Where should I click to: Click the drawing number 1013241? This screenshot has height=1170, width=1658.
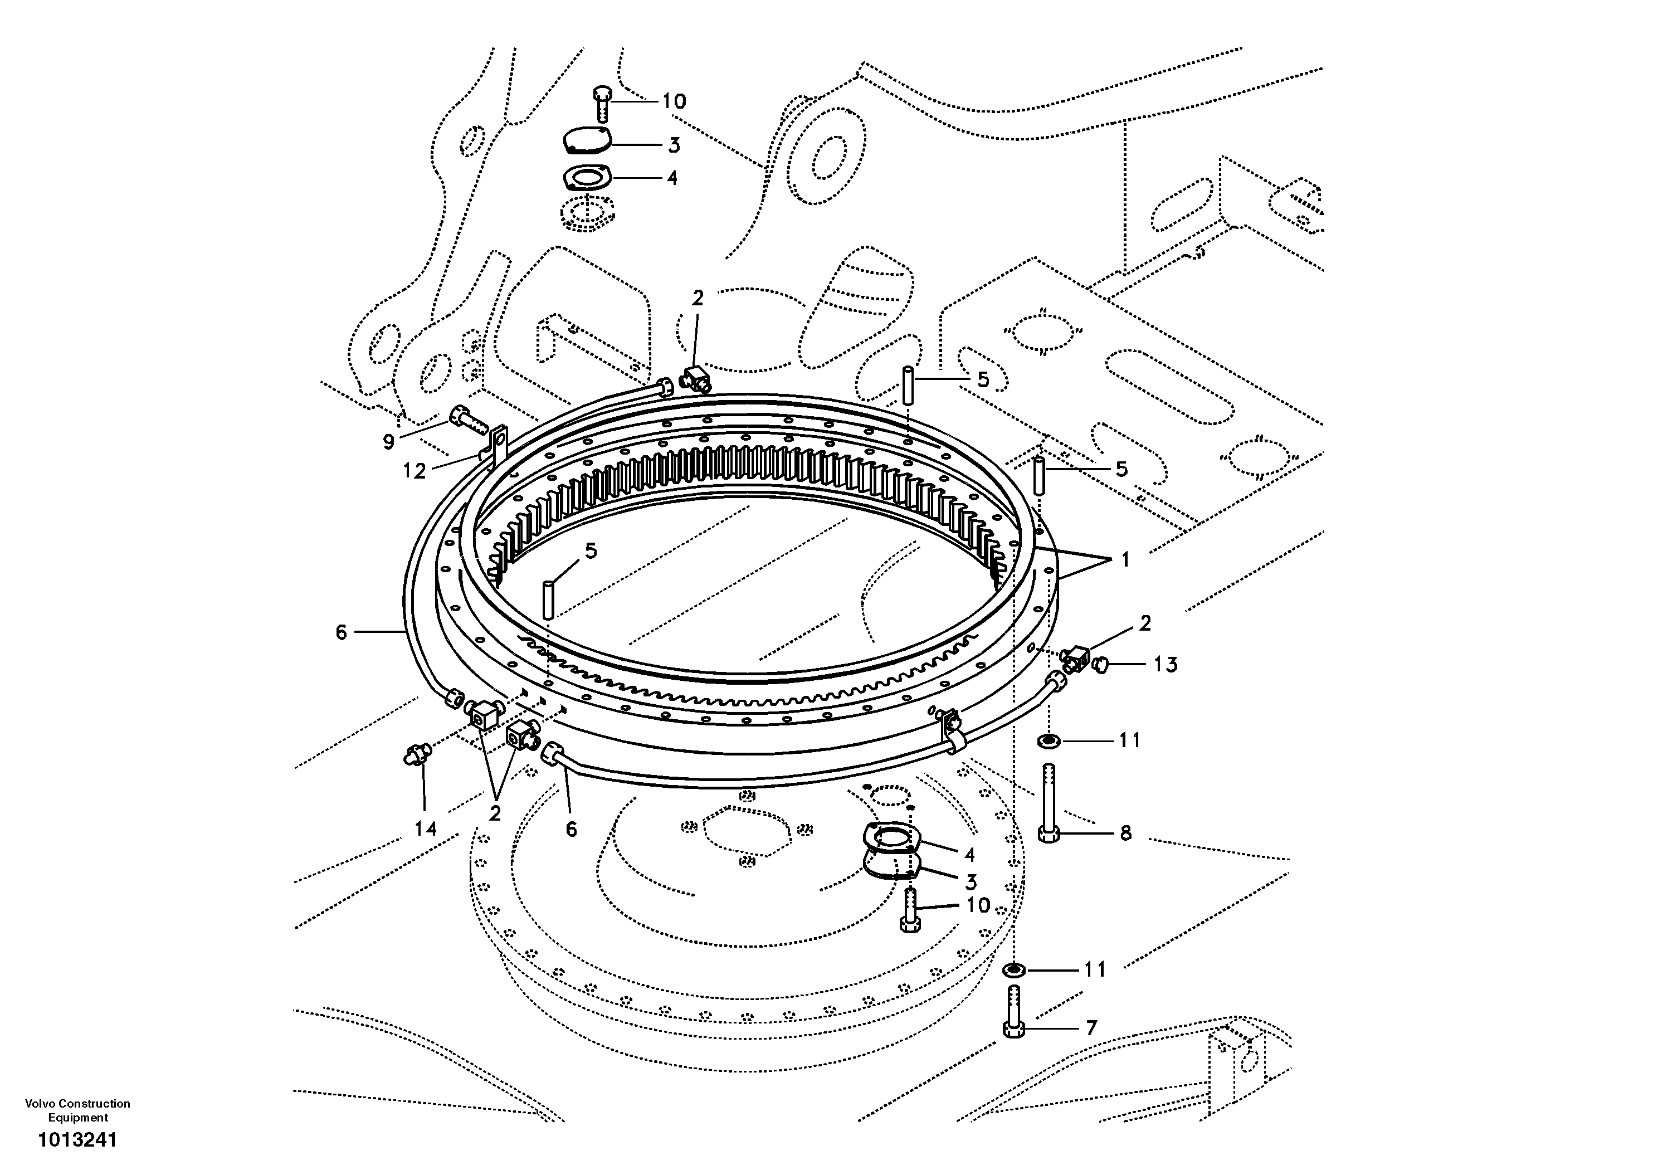click(x=77, y=1140)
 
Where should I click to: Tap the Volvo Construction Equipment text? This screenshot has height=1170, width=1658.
click(x=77, y=1111)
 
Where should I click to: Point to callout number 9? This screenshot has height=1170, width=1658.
click(x=388, y=442)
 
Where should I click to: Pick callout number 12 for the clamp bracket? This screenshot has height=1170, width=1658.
click(x=414, y=471)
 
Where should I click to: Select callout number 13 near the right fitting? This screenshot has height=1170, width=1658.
click(x=1166, y=665)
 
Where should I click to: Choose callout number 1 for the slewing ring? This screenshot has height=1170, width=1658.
click(x=1124, y=560)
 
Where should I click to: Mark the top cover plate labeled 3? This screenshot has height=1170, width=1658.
click(x=586, y=140)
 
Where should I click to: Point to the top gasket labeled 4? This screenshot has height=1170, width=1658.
click(x=586, y=178)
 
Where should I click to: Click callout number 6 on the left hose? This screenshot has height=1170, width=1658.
click(x=342, y=633)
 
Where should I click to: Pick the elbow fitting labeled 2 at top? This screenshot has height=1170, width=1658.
click(x=694, y=380)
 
